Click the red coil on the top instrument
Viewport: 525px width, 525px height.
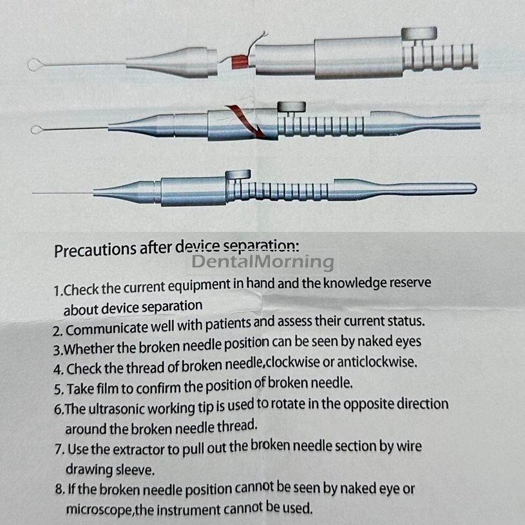(240, 62)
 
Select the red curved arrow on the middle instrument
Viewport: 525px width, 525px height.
(246, 121)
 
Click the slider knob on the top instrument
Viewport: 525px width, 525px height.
(419, 33)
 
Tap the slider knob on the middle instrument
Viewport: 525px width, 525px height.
(292, 107)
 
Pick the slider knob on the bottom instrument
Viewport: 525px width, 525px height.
(238, 175)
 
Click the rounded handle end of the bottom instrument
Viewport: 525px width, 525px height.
(470, 188)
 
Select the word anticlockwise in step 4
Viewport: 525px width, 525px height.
(377, 362)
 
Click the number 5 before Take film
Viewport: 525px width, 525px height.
(58, 390)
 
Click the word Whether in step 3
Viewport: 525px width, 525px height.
(89, 349)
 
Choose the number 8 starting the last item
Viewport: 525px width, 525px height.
(59, 490)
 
